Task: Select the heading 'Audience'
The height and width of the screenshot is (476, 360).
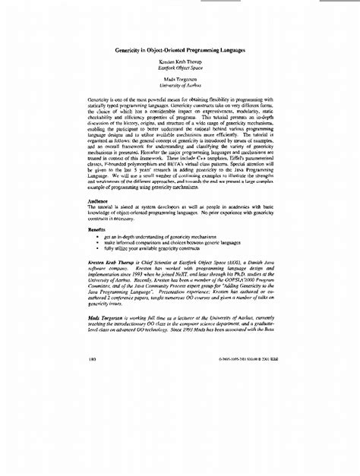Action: click(x=102, y=201)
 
